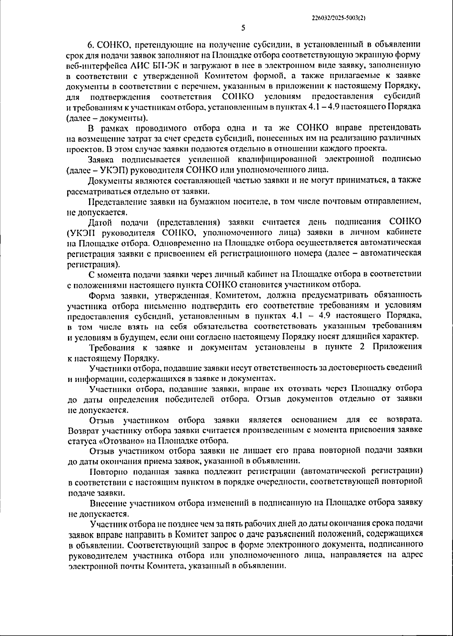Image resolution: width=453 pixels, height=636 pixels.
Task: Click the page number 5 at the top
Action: point(243,28)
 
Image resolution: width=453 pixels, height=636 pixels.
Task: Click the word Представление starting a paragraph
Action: point(113,202)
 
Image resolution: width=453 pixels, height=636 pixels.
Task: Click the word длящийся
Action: point(363,336)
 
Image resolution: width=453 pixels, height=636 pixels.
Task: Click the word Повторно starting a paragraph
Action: point(106,471)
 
